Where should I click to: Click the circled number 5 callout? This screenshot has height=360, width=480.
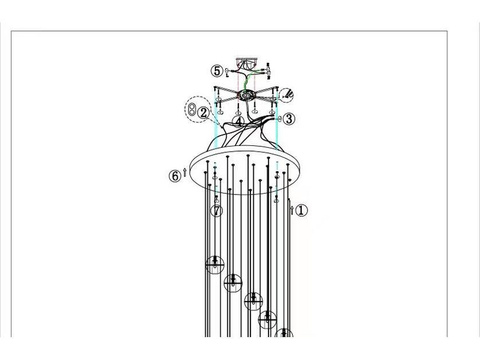(217, 72)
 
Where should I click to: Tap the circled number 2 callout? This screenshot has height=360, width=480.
(203, 113)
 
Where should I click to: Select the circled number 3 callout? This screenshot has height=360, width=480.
(289, 118)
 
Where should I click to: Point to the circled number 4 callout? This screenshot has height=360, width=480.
(238, 122)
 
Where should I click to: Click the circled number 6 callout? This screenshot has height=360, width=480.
(175, 176)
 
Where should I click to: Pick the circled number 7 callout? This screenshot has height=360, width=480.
(217, 211)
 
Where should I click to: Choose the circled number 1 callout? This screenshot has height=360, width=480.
(301, 210)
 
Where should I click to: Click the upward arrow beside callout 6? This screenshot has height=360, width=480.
(184, 172)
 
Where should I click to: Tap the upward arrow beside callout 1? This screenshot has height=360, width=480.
(292, 210)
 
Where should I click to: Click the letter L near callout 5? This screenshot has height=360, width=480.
(227, 75)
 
